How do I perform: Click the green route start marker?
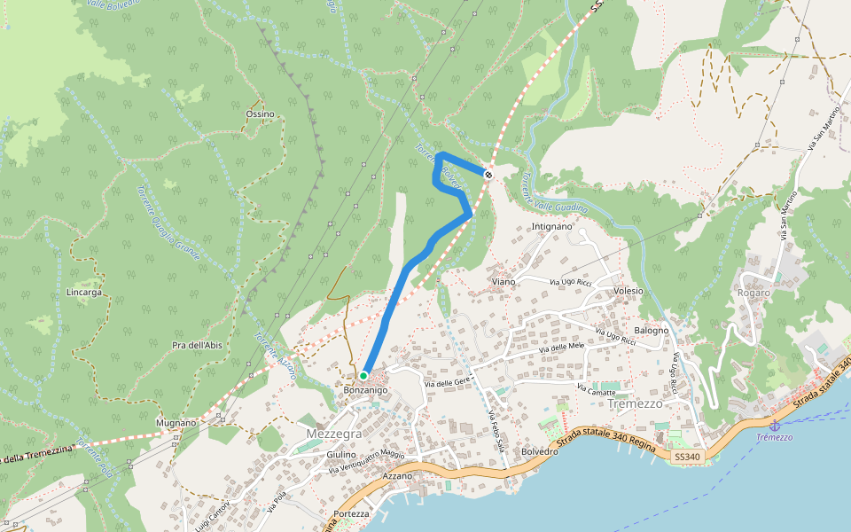pyautogui.click(x=363, y=376)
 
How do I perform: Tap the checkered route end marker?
pyautogui.click(x=488, y=174)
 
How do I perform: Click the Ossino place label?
pyautogui.click(x=260, y=114)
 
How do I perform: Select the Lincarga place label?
pyautogui.click(x=84, y=292)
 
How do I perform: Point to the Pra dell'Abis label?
pyautogui.click(x=197, y=345)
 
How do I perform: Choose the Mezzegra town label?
pyautogui.click(x=334, y=434)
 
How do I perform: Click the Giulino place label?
pyautogui.click(x=340, y=455)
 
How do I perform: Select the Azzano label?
pyautogui.click(x=397, y=476)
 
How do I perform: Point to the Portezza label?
pyautogui.click(x=352, y=514)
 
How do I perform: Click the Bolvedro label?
pyautogui.click(x=539, y=451)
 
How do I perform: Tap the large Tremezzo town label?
pyautogui.click(x=636, y=403)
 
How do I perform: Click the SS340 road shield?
pyautogui.click(x=686, y=457)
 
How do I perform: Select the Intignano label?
pyautogui.click(x=552, y=227)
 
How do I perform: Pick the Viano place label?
pyautogui.click(x=503, y=281)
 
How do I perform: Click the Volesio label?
pyautogui.click(x=628, y=291)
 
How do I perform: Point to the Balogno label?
pyautogui.click(x=652, y=331)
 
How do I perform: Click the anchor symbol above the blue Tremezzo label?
pyautogui.click(x=775, y=426)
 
